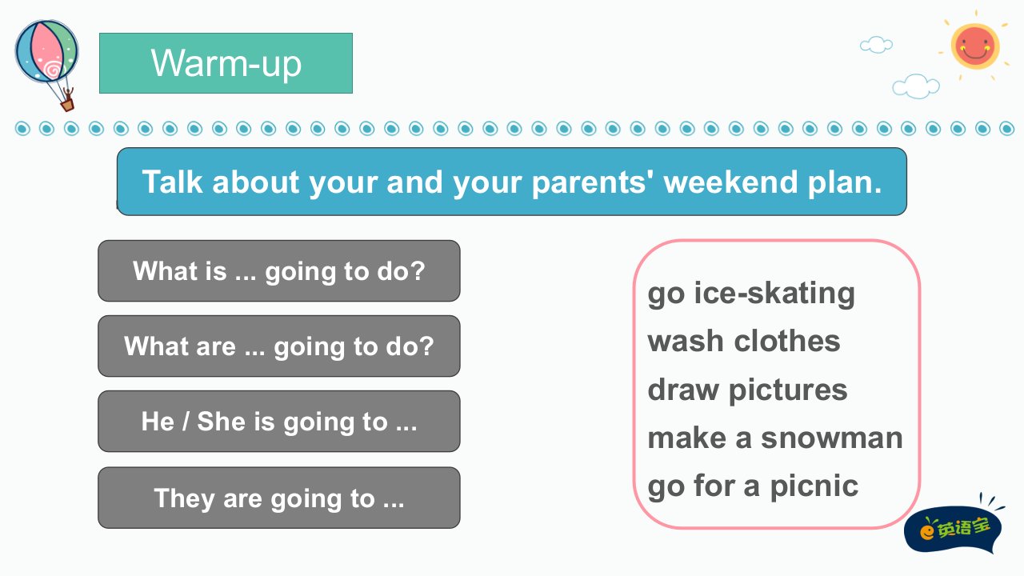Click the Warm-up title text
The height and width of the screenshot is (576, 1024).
coord(226,64)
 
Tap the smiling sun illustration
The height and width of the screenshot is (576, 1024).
coord(974,46)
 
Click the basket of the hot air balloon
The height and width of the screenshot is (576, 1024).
coord(68,106)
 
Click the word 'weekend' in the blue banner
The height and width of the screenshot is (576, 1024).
coord(731,182)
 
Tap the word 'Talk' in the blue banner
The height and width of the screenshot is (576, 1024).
coord(172,182)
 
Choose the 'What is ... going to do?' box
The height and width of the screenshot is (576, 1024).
coord(279,270)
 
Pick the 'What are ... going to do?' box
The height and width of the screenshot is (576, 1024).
coord(279,346)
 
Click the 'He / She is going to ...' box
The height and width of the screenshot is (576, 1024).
coord(279,421)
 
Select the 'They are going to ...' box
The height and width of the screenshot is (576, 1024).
coord(279,498)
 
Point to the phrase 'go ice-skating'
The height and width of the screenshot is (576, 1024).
coord(751,294)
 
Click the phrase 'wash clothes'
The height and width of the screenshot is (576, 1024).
coord(744,341)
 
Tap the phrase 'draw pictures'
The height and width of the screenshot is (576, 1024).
coord(747,390)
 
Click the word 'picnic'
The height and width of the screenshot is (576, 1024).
coord(814,486)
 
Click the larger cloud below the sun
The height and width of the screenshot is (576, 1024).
coord(916,86)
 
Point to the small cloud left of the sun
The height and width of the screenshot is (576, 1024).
coord(876,45)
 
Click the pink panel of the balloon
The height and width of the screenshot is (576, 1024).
coord(45,51)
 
